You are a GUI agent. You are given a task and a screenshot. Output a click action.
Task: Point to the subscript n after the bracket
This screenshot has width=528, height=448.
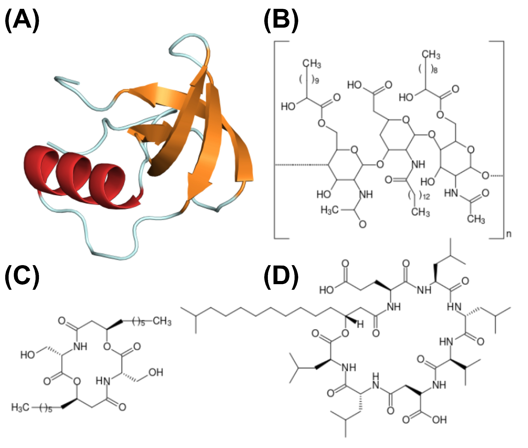click(x=509, y=234)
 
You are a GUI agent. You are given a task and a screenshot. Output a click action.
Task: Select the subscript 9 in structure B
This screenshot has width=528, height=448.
click(x=316, y=81)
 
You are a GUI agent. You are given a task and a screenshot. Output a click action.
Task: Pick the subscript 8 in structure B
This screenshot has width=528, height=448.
click(x=435, y=70)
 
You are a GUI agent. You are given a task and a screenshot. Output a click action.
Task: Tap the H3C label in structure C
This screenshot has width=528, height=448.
click(x=20, y=408)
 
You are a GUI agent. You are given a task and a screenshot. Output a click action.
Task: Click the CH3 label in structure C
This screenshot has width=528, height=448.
click(x=162, y=321)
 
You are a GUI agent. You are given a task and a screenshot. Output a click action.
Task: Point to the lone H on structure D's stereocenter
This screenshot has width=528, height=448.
click(x=360, y=324)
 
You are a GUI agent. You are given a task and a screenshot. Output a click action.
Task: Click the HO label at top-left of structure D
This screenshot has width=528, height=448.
click(x=327, y=290)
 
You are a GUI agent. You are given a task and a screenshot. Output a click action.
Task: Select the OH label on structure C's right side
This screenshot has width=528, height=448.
click(x=156, y=372)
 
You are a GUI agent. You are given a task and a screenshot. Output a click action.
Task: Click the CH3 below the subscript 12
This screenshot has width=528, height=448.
click(x=421, y=212)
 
